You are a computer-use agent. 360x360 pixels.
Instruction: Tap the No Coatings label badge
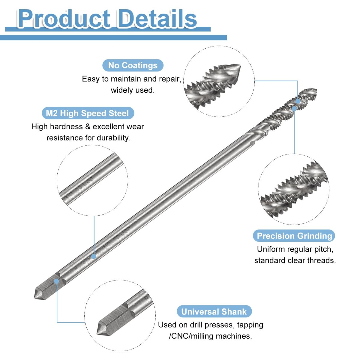133,65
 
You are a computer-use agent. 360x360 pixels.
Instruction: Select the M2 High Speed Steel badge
87,113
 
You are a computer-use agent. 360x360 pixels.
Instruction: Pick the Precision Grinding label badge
294,236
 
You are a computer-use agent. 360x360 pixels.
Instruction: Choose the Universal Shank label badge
214,312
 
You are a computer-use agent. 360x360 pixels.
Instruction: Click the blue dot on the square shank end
56,281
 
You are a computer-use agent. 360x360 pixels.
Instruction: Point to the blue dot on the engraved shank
94,256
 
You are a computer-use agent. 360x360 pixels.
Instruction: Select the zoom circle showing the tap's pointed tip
219,81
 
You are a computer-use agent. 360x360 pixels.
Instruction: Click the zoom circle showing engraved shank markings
92,180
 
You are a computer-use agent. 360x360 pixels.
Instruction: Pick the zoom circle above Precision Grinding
294,189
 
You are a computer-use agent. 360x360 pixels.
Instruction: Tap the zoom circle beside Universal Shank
120,315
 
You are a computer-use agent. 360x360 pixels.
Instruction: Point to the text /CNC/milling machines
210,336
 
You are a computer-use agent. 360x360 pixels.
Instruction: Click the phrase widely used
133,90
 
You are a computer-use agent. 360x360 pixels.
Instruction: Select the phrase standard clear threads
295,260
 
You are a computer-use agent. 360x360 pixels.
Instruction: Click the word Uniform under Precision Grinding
271,249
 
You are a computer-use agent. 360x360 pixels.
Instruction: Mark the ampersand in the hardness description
88,127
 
